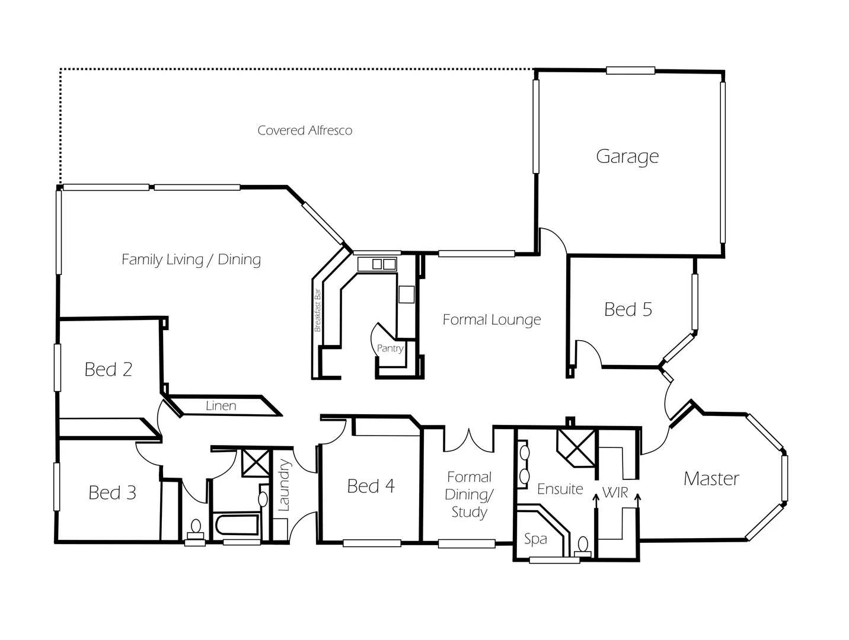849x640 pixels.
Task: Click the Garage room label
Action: point(627,156)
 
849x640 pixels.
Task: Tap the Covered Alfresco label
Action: point(305,130)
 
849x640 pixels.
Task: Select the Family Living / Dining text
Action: point(191,260)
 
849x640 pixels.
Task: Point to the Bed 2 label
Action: point(108,370)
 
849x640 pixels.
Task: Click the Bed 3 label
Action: point(112,492)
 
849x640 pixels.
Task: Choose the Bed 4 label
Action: point(371,487)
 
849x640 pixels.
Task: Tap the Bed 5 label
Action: point(628,309)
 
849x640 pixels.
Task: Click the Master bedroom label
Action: point(711,479)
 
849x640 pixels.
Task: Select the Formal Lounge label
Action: point(491,320)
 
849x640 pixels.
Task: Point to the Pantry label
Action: point(390,348)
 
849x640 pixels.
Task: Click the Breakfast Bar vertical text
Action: point(318,310)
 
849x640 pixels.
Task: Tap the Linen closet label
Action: point(221,406)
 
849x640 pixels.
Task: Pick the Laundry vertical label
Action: point(284,485)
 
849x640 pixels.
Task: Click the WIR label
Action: point(615,492)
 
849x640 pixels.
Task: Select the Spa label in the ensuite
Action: point(535,540)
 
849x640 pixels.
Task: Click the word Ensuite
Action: point(560,489)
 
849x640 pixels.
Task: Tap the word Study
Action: point(469,513)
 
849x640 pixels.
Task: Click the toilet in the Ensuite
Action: point(583,544)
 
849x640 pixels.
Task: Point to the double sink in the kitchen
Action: point(384,264)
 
